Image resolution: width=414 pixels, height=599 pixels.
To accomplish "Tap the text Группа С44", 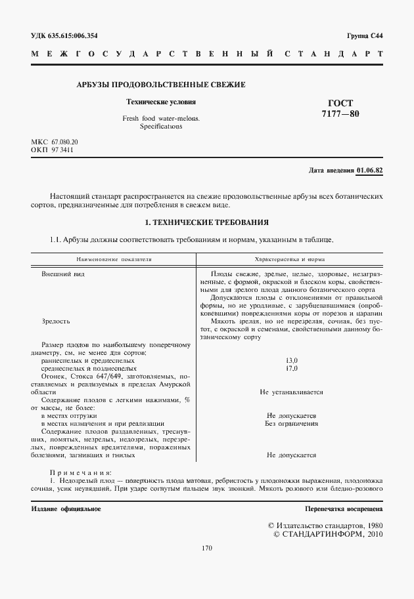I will (364, 35).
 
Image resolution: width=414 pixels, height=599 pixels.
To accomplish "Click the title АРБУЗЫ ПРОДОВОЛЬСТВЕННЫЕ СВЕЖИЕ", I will (162, 85).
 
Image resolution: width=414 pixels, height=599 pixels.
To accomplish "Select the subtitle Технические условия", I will (161, 102).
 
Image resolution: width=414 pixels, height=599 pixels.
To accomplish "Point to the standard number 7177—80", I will (340, 114).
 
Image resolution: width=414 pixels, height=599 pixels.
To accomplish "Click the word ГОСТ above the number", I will (340, 103).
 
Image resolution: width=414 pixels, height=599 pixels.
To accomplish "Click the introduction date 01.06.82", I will (370, 171).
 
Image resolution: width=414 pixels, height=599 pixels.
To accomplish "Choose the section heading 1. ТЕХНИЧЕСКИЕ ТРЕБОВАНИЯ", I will (206, 222).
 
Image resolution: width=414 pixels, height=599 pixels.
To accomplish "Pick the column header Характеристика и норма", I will (292, 259).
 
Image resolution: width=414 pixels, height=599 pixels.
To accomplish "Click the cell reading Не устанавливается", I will (292, 392).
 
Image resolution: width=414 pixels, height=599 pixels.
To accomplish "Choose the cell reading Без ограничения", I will (292, 424).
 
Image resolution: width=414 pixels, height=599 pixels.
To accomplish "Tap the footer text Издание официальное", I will (66, 509).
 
